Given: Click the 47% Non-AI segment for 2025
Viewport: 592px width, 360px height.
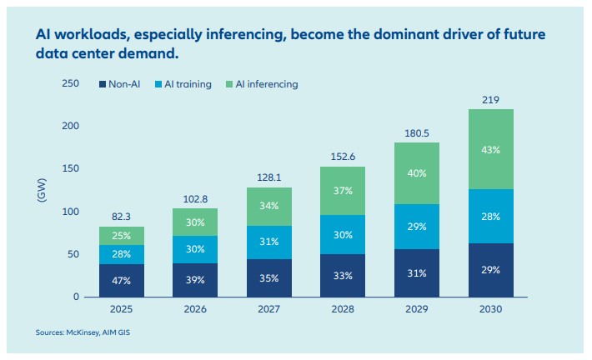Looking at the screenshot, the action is (122, 280).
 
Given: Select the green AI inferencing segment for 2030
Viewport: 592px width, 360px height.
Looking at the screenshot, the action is (491, 149).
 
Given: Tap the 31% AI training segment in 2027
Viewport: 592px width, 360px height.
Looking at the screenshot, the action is (269, 242).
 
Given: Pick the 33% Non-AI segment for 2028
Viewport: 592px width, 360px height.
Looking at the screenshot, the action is (343, 276).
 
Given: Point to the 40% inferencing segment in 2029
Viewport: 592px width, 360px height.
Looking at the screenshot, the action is (417, 173).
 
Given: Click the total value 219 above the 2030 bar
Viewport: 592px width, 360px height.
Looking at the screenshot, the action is (491, 100).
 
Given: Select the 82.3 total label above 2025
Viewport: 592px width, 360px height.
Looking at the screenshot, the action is (121, 217).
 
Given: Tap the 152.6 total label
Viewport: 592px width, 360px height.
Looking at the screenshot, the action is (343, 157).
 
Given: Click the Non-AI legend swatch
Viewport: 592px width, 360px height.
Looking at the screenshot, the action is (103, 84).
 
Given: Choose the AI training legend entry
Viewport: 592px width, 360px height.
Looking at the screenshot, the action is (183, 84).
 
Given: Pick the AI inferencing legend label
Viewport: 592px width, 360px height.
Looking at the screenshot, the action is (267, 84).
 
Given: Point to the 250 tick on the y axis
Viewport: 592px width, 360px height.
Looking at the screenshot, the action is (71, 83).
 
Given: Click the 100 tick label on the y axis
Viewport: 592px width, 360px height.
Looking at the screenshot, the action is (71, 212).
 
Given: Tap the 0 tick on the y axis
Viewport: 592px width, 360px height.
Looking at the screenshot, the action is (76, 297).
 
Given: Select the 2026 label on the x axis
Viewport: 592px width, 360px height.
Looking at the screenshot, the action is (195, 309).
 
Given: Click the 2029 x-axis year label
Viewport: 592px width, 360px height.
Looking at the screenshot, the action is (417, 309).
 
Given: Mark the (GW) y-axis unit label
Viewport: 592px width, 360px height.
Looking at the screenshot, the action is (42, 190).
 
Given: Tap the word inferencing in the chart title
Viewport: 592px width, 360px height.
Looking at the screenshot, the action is (245, 35).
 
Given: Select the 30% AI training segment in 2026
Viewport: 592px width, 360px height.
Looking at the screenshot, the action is (195, 249).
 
